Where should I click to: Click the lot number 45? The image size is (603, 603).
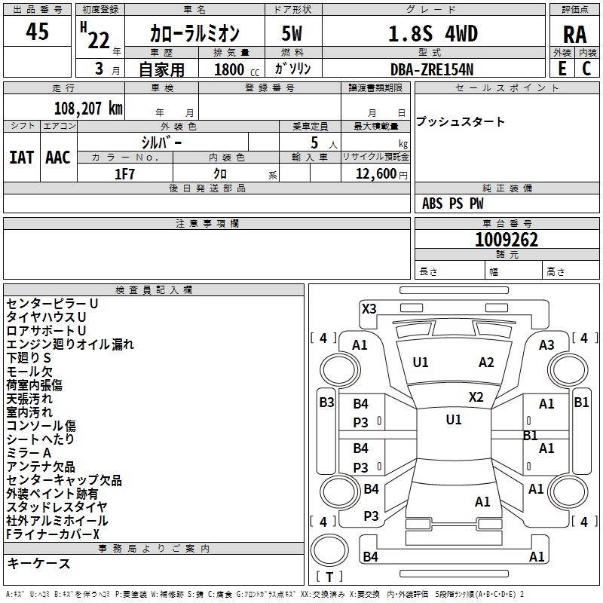pos(37,32)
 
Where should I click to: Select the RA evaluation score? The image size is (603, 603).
pos(574,35)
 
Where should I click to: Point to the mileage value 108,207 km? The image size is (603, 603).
pos(88,109)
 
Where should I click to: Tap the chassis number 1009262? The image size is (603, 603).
pos(507,240)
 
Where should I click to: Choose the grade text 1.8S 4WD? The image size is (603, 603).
pos(433,34)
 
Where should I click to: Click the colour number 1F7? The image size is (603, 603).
pos(124,173)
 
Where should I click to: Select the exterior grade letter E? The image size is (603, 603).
pos(562,68)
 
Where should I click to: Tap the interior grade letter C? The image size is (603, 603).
pos(586,68)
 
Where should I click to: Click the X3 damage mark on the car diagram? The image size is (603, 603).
pos(369,308)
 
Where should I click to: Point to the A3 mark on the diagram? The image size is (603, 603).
pos(546,344)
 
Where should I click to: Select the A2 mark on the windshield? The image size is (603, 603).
pos(486,363)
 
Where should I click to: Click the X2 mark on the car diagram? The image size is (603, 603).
pos(476,396)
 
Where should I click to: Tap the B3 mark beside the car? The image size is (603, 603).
pos(326,402)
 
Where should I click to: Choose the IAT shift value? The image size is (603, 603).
pos(21,158)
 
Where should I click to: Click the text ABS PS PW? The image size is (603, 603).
pos(453,204)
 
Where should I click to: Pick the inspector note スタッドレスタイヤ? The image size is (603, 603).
pos(57,507)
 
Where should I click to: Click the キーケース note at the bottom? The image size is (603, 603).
pos(38,564)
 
